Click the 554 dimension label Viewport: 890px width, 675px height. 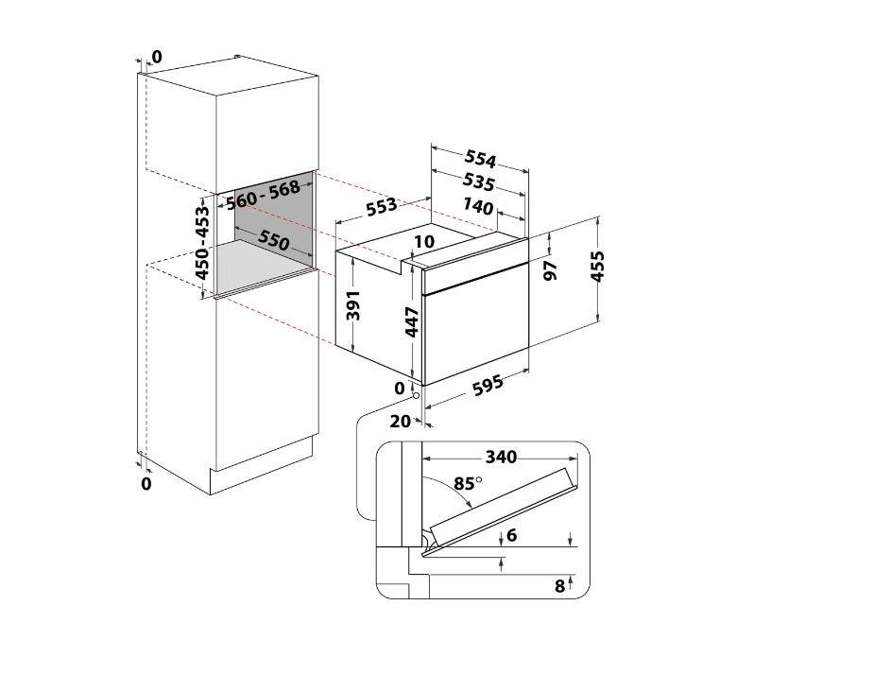481,159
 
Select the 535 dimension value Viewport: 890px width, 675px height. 478,182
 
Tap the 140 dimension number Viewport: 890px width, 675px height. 478,206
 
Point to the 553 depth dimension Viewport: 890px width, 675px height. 382,207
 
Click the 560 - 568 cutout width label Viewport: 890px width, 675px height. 264,195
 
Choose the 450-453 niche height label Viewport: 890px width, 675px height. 202,243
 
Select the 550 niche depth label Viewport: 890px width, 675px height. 274,240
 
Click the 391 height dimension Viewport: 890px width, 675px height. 353,305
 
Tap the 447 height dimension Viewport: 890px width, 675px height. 412,321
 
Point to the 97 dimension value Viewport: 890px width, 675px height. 550,271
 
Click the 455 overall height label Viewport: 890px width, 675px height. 597,266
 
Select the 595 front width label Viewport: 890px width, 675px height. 488,385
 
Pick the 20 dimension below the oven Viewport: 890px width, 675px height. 401,422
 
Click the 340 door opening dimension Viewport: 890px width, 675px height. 501,457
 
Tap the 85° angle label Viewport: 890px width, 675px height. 468,483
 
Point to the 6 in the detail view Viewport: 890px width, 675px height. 512,535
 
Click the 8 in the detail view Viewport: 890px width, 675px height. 559,586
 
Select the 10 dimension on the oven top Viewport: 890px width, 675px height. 424,241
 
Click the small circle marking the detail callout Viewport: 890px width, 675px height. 416,394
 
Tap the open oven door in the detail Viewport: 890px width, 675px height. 503,503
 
